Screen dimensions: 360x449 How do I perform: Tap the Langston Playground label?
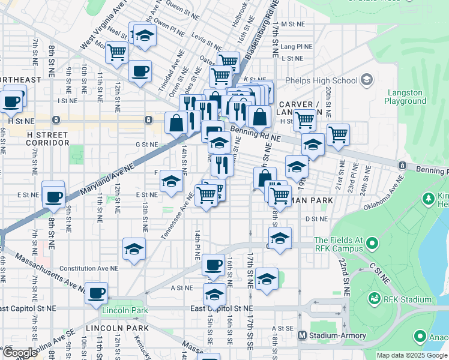tap(405, 97)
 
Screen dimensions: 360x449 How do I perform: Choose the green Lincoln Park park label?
tap(124, 310)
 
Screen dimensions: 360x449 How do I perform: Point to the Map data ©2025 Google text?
tap(411, 355)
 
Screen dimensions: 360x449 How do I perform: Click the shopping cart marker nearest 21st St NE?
tap(339, 134)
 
